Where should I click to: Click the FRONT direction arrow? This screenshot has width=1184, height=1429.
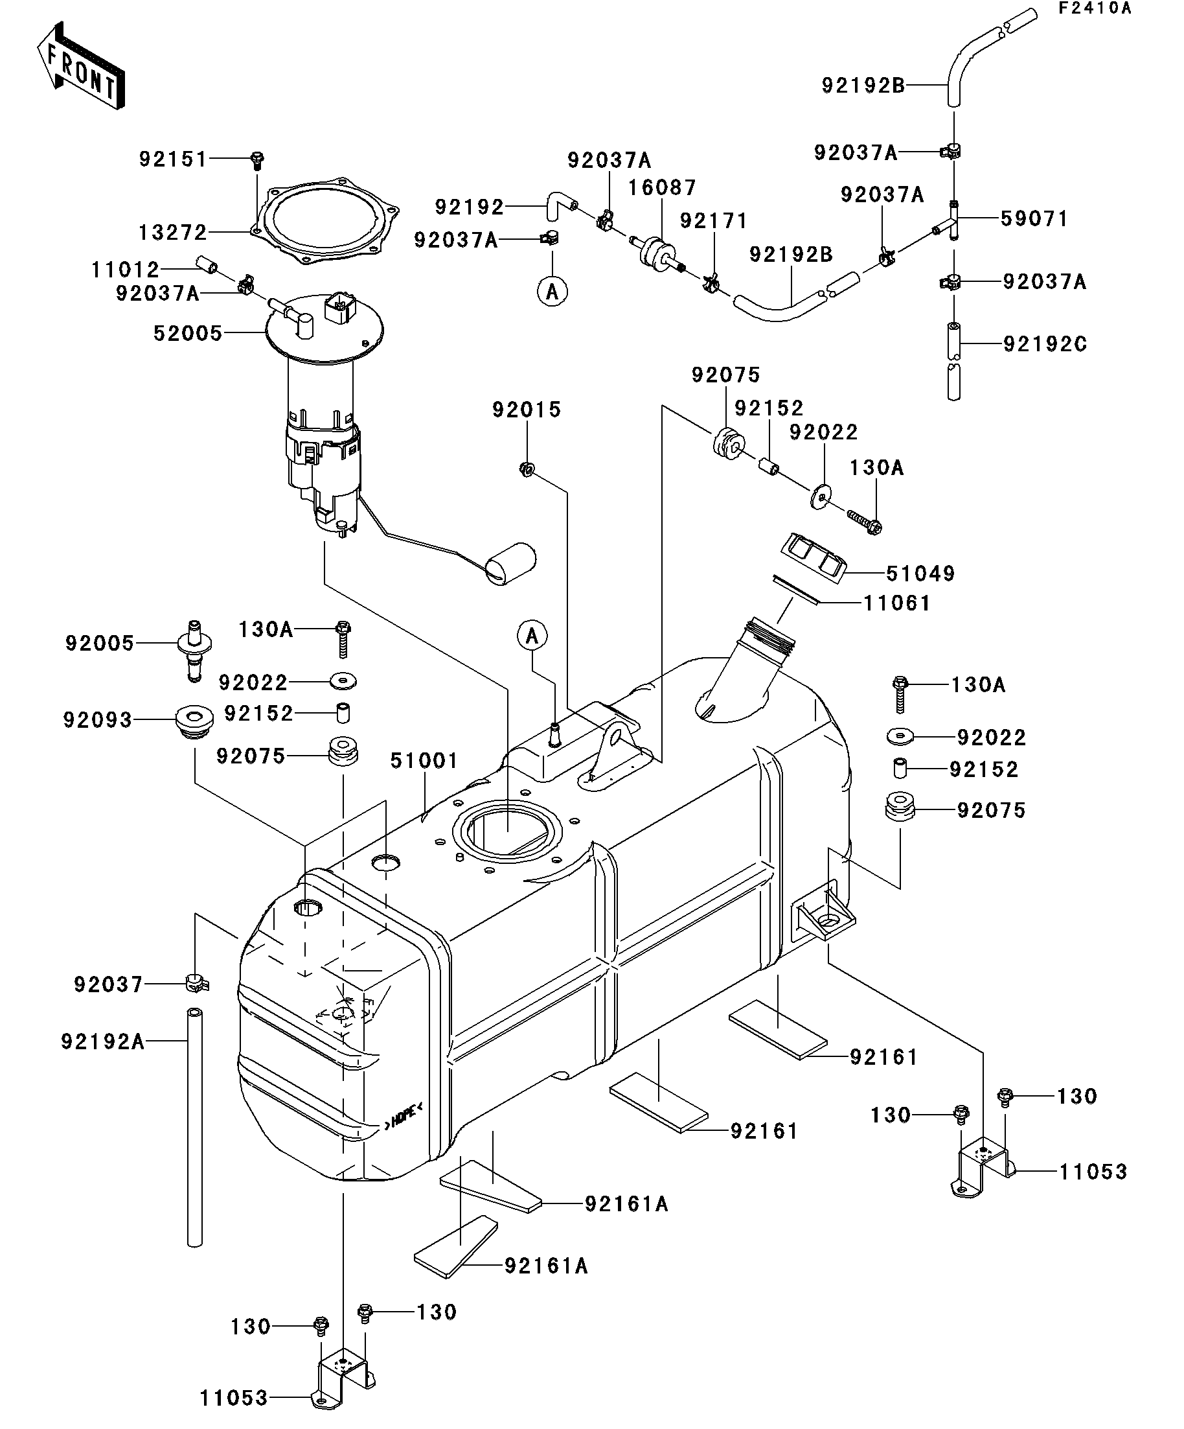pos(81,66)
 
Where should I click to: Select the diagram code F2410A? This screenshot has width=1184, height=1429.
pos(1093,9)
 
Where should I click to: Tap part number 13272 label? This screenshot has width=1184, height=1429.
pos(173,233)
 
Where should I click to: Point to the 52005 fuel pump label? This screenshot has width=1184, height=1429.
pos(188,333)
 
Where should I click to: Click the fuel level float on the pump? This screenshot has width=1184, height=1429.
pos(512,563)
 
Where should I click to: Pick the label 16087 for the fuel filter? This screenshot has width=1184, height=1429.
pos(662,187)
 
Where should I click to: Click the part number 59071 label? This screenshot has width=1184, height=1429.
pos(1034,218)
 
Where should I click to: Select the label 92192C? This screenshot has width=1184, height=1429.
pos(1045,344)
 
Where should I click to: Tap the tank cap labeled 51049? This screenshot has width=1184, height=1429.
pos(814,558)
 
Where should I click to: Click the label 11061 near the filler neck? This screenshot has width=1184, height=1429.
pos(896,603)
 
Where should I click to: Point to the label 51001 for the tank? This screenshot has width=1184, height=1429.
pos(424,761)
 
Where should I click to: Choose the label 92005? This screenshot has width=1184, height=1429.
pos(100,643)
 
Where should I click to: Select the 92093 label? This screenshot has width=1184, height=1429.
pos(98,720)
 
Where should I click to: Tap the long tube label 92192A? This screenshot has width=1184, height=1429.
pos(103,1040)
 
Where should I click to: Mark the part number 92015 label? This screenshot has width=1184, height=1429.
pos(527,410)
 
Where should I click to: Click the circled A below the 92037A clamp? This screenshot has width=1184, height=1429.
pos(552,292)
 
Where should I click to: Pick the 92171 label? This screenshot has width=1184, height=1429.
pos(713,220)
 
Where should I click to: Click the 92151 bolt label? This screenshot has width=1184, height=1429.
pos(173,159)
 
